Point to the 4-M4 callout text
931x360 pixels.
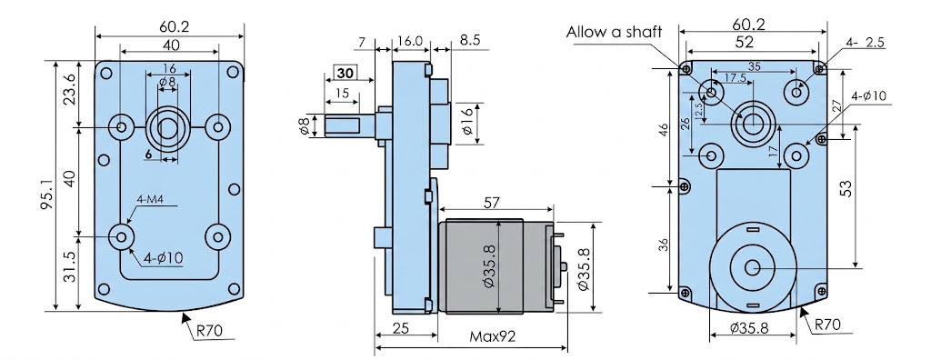tap(150, 200)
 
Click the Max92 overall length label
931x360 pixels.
tap(492, 336)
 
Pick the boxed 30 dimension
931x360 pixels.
tap(345, 73)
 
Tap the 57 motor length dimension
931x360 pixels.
tap(492, 203)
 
